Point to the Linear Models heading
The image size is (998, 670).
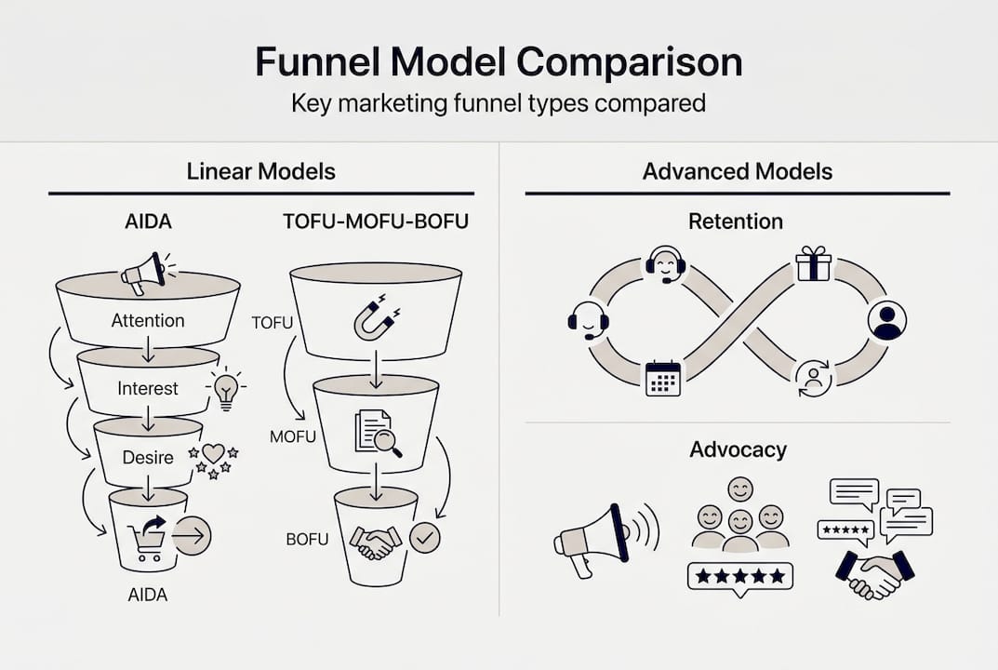pos(261,171)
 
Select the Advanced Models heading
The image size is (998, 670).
pos(738,171)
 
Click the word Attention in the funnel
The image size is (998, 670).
pos(148,320)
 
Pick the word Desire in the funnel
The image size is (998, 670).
pos(148,457)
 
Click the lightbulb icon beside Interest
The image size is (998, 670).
pos(225,388)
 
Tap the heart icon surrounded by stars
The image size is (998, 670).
pos(213,455)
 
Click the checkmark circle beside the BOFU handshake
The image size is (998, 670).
pos(425,537)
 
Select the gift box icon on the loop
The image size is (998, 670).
pos(813,265)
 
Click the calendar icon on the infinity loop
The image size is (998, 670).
pos(663,378)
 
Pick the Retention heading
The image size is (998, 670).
pos(736,221)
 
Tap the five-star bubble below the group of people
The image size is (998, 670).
pos(740,577)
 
